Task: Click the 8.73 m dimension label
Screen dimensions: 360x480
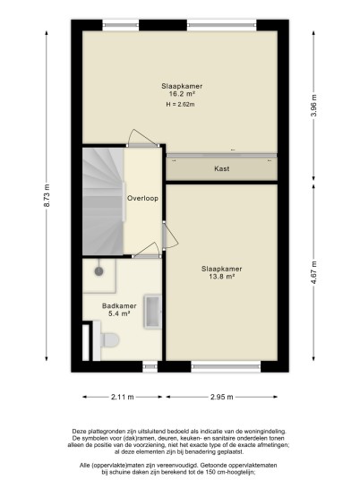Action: [47, 195]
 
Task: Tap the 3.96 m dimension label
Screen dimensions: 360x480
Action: [313, 106]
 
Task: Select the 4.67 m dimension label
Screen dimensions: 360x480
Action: [313, 272]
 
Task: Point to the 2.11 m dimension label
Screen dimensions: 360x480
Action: [123, 397]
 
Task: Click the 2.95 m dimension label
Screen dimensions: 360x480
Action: [222, 397]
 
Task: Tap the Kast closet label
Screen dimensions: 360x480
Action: [221, 168]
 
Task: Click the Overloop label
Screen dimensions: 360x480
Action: [142, 199]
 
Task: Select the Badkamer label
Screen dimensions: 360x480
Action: [119, 305]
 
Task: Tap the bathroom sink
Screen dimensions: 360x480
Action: [152, 312]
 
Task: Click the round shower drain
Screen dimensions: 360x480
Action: [99, 271]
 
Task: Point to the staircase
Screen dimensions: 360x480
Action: [103, 201]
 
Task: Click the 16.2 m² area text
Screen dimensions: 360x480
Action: [183, 94]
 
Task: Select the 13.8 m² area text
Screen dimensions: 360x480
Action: [222, 277]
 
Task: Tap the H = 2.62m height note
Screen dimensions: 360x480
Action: [180, 105]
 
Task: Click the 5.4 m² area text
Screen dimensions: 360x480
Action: [119, 313]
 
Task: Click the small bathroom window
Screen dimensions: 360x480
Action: [150, 366]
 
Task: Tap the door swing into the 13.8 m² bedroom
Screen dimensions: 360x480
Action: [169, 236]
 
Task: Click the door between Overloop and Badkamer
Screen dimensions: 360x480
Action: [146, 251]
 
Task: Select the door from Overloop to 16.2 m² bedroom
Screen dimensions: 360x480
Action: [143, 139]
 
